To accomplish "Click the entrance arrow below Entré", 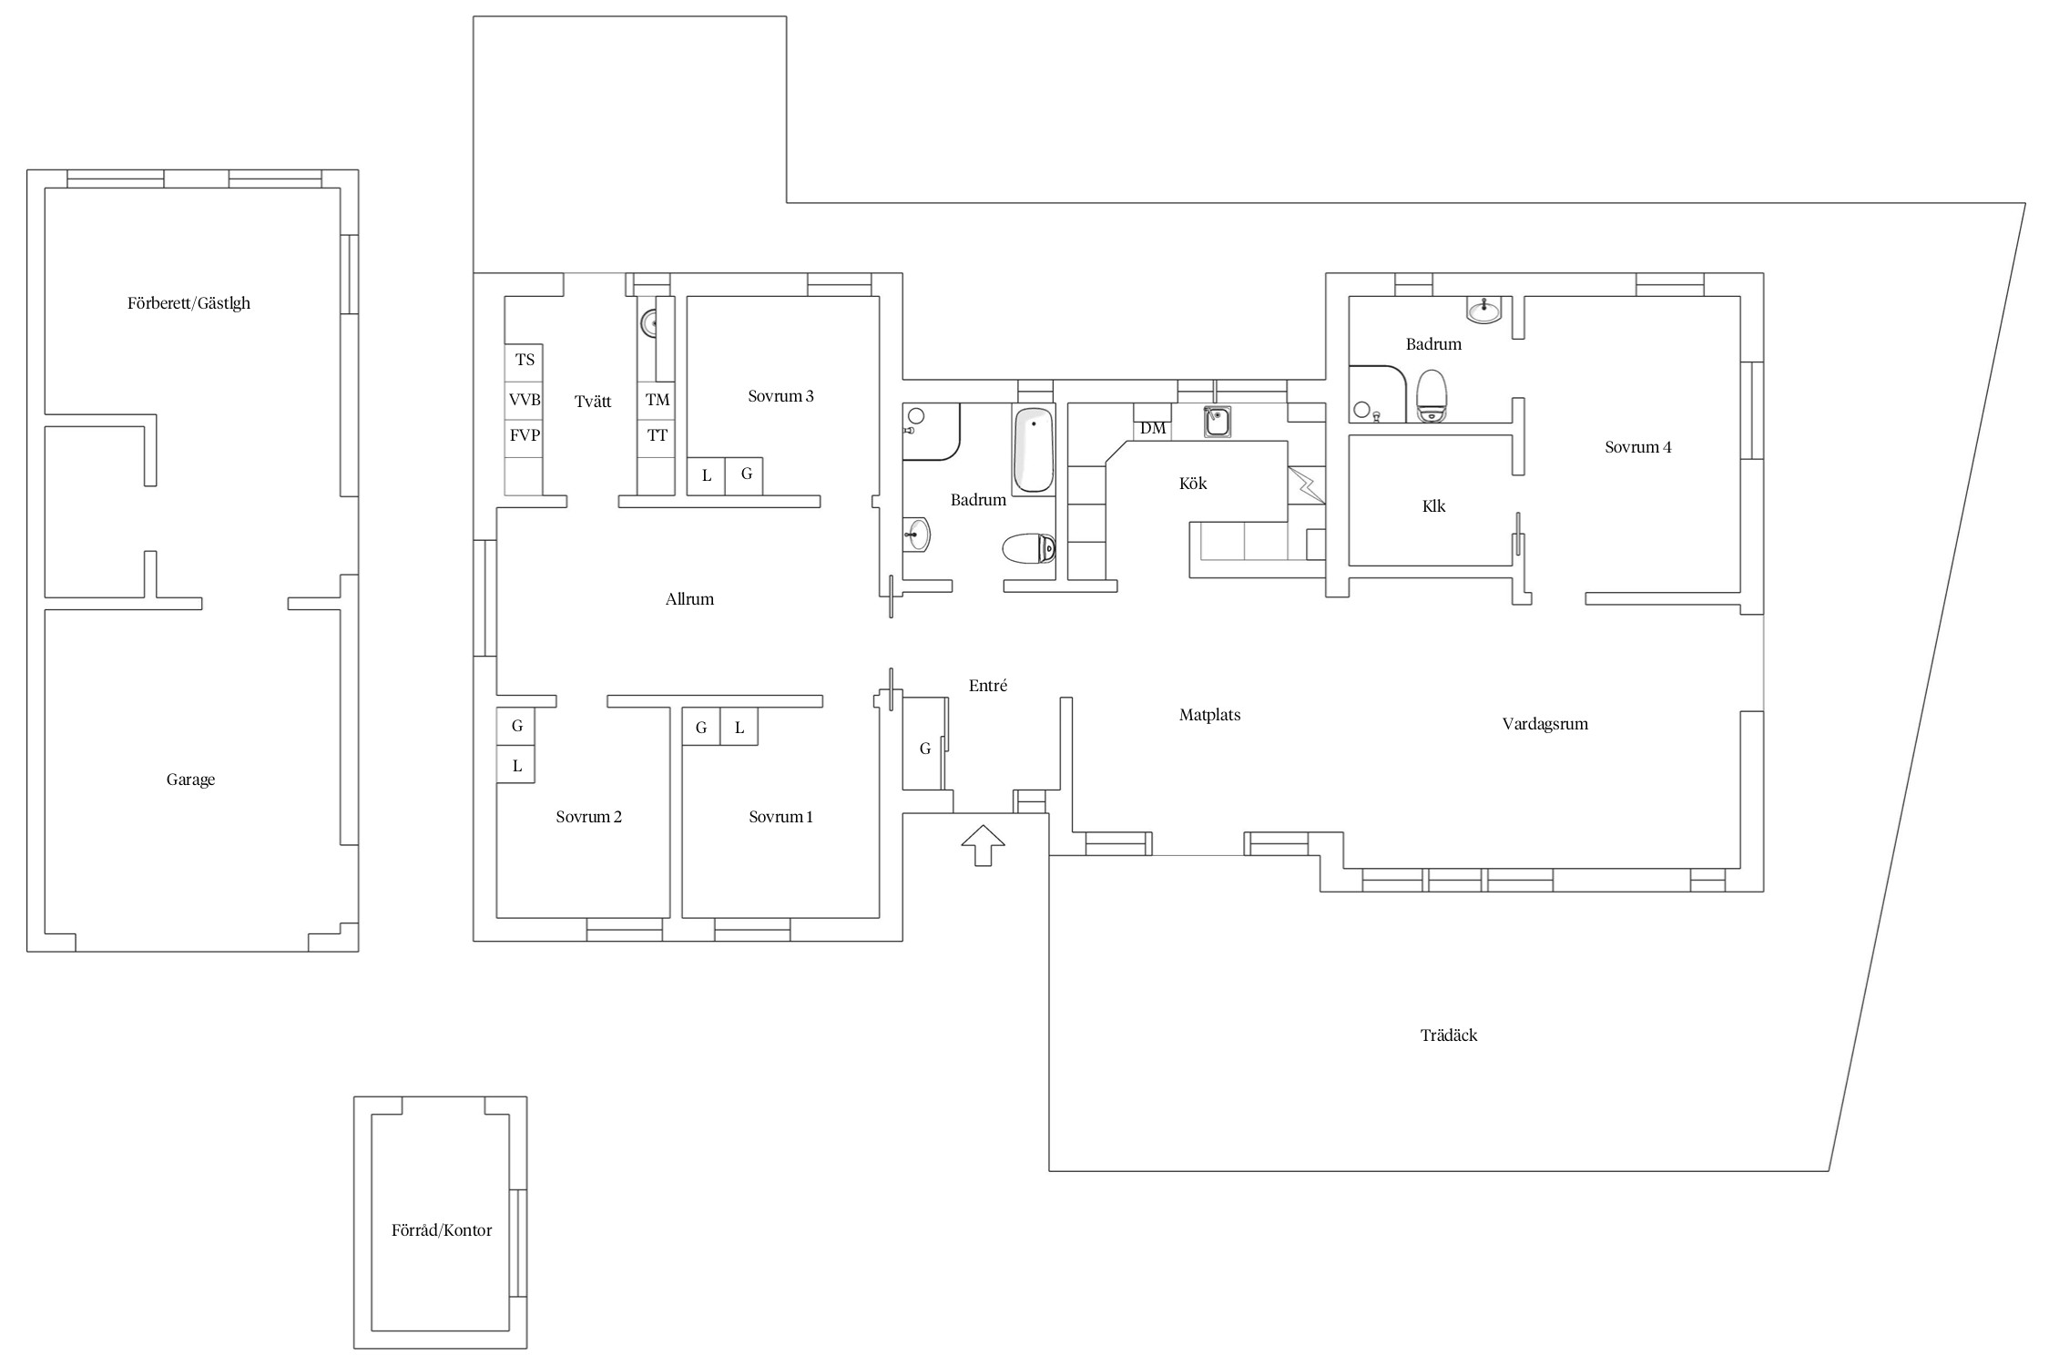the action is point(983,845).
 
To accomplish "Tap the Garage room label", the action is point(190,780).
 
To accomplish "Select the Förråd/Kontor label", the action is point(442,1230).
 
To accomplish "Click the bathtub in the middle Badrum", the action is point(1034,450).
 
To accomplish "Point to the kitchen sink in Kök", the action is point(1218,422).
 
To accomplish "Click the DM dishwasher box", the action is point(1153,428).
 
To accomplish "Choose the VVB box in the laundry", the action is point(525,400).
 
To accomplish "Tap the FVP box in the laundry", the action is point(525,436).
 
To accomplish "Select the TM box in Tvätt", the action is point(657,400).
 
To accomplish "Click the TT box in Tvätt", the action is point(657,436).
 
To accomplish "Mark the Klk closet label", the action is point(1433,506).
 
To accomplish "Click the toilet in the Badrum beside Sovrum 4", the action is point(1432,395).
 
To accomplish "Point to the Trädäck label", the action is point(1449,1035).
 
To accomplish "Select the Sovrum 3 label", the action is point(780,396).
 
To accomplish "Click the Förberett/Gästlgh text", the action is point(189,303).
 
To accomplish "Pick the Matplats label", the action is point(1209,716).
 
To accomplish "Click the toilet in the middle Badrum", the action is point(1029,549).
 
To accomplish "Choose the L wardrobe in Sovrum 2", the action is point(515,765).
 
